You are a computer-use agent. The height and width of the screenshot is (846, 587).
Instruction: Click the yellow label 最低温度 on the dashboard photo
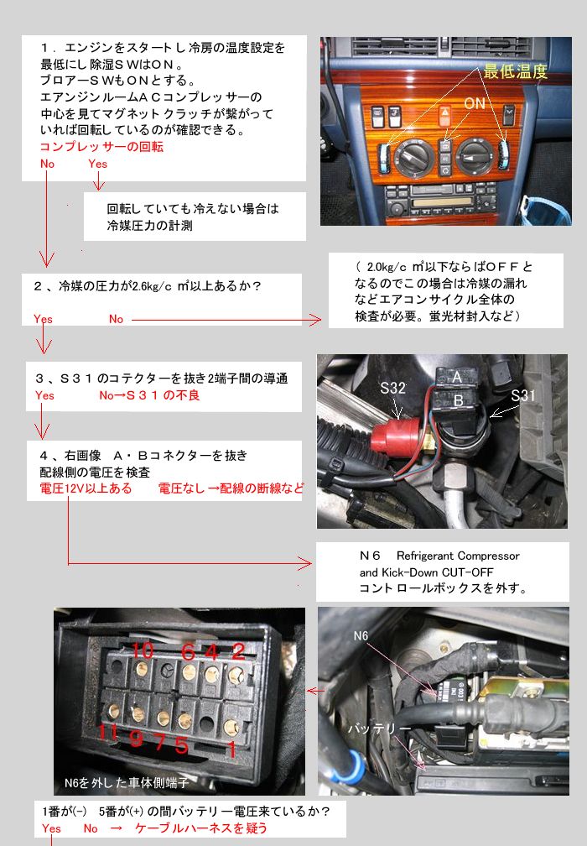point(516,70)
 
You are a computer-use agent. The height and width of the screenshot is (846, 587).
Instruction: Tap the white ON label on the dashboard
point(475,102)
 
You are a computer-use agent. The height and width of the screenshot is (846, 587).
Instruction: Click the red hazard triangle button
point(446,113)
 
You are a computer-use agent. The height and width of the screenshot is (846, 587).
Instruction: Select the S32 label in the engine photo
point(393,388)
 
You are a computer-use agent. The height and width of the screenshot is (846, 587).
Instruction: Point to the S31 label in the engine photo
point(523,395)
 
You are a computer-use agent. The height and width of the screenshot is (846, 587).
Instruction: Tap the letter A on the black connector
point(456,377)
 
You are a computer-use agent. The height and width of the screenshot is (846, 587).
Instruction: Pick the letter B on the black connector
point(459,400)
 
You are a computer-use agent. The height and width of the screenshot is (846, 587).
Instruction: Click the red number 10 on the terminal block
point(143,650)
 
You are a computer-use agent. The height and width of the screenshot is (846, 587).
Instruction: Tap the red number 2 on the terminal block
point(237,651)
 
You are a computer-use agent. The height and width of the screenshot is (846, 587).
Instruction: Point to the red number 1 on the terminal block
point(231,749)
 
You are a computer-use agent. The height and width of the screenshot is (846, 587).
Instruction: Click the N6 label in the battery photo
point(361,635)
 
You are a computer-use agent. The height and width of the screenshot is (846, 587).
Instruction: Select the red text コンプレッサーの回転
point(101,147)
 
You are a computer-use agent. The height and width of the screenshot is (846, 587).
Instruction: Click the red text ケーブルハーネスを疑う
point(200,828)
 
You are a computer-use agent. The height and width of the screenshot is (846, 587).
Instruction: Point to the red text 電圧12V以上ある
point(86,488)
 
